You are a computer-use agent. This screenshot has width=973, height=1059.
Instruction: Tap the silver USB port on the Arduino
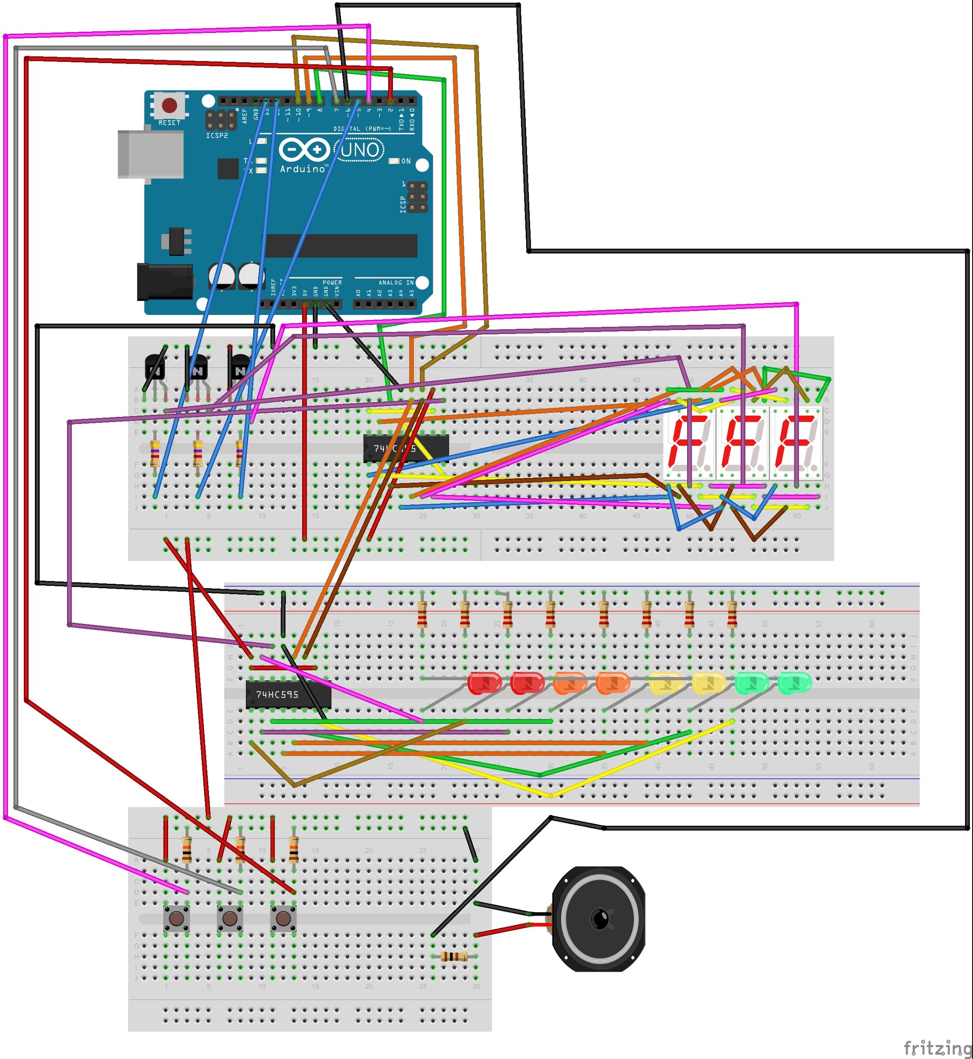(150, 154)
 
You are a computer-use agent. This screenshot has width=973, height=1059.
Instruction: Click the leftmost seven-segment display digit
(689, 443)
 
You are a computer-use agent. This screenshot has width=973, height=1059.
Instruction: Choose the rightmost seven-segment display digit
(796, 443)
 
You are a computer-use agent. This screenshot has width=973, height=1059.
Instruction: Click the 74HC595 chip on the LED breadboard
(288, 695)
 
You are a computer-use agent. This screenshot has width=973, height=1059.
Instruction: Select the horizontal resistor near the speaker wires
(454, 957)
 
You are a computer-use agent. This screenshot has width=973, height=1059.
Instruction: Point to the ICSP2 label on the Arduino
(217, 135)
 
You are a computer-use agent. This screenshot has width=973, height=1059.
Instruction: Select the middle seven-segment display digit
(742, 443)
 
